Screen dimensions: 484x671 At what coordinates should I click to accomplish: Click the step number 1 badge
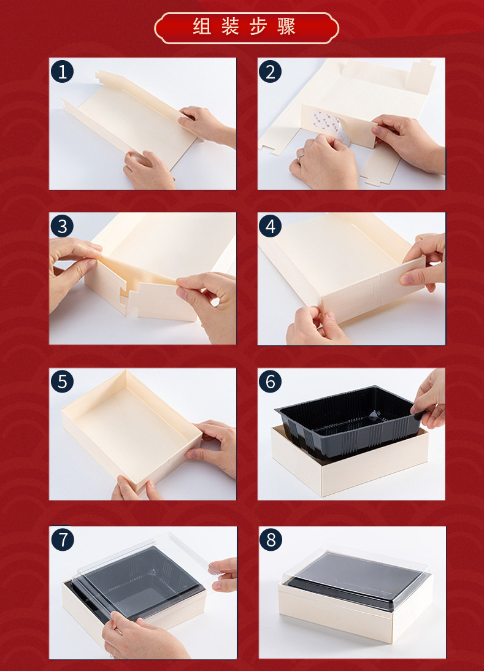(62, 72)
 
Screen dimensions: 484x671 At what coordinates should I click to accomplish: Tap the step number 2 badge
(270, 72)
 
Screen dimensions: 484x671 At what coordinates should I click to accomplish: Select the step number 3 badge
(62, 226)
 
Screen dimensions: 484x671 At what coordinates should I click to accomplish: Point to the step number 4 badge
(270, 226)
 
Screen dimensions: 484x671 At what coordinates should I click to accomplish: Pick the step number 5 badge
(62, 382)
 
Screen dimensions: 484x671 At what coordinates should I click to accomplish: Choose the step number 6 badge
(270, 382)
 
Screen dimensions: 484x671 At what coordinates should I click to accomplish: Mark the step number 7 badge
(63, 540)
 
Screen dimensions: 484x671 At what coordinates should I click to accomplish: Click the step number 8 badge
(271, 540)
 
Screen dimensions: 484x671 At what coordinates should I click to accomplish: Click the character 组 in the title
(202, 26)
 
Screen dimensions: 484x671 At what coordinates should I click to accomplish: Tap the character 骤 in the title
(286, 26)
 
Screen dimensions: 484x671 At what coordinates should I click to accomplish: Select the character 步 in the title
(258, 26)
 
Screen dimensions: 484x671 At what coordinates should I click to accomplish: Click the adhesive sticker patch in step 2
(328, 123)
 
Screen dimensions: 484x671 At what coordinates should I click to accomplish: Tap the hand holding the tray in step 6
(429, 400)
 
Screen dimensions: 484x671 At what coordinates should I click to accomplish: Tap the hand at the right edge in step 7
(223, 575)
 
